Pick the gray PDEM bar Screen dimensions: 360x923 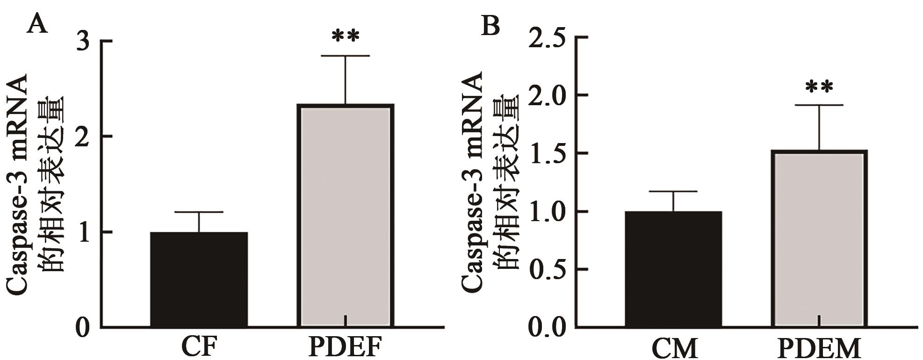coord(820,239)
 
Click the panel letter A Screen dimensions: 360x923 coord(37,23)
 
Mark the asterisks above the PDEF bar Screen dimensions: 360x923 coord(346,36)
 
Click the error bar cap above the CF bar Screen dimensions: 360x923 coord(199,212)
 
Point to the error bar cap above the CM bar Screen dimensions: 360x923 coord(673,192)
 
